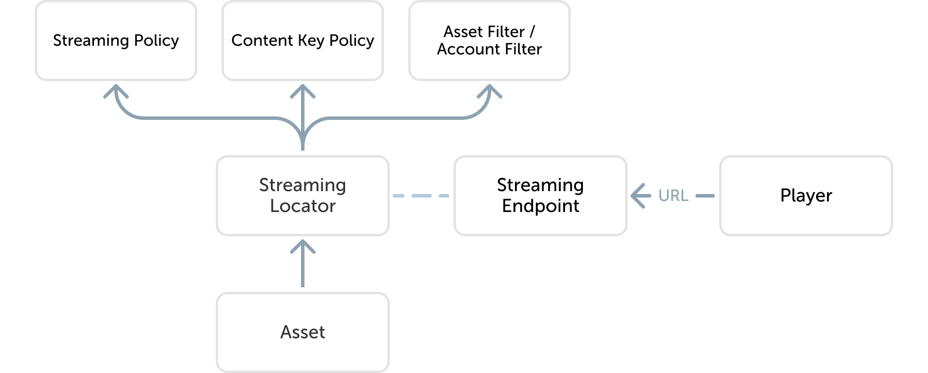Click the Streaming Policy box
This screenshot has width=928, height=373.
coord(116,41)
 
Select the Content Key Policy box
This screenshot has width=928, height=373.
coord(303,41)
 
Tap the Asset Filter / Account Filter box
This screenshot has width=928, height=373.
coord(489,41)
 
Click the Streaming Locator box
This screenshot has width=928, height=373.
coord(303,196)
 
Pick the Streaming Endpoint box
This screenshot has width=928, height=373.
coord(541,196)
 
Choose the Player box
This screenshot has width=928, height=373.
coord(806,196)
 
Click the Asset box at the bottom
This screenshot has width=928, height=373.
coord(303,332)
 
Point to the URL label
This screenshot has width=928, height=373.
coord(673,196)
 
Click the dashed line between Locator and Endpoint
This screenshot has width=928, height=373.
coord(421,196)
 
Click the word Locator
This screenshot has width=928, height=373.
coord(303,206)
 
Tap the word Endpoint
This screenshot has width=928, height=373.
coord(541,206)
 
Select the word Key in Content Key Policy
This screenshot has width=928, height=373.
coord(311,41)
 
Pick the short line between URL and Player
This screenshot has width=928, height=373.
coord(705,196)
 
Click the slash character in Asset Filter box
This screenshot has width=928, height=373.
coord(532,31)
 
